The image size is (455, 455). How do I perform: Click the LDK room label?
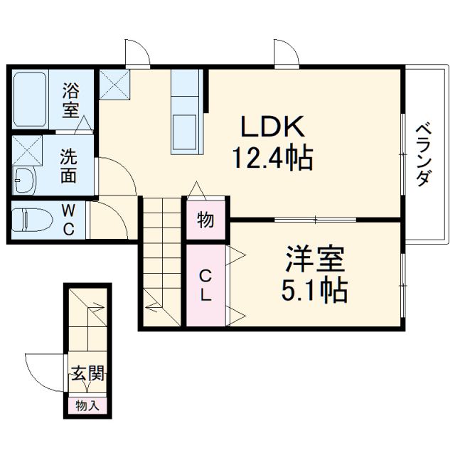click(273, 129)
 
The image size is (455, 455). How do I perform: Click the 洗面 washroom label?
click(68, 165)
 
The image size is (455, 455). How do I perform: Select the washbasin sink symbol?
click(25, 179)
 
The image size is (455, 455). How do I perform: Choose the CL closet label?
click(204, 285)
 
